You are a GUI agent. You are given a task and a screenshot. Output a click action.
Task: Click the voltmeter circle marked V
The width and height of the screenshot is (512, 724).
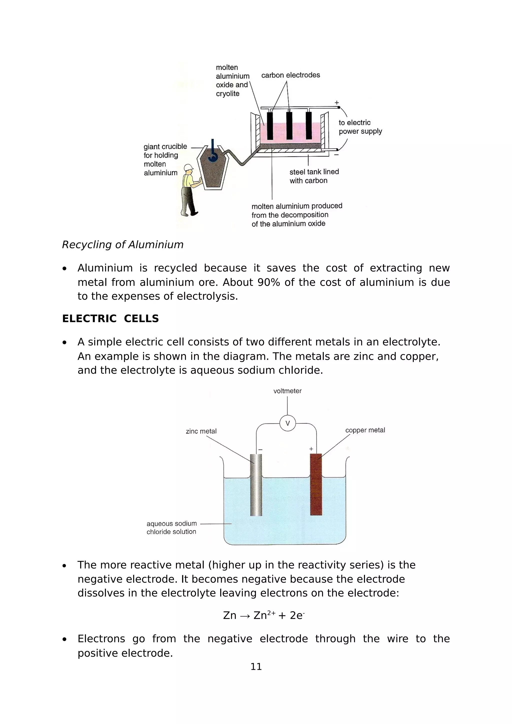[287, 423]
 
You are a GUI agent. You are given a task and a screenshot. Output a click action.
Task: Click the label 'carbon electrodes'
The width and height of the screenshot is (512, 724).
[290, 75]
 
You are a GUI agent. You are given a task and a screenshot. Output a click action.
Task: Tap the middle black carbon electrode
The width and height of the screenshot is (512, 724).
[289, 125]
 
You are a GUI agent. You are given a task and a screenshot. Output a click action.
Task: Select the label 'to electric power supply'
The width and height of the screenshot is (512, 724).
[360, 127]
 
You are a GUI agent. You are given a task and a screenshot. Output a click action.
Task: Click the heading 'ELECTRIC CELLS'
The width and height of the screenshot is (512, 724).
[110, 319]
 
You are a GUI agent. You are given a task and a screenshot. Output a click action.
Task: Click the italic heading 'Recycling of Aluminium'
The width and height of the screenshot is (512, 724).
[122, 244]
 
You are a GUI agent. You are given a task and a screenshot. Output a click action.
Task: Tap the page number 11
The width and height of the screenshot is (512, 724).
[256, 666]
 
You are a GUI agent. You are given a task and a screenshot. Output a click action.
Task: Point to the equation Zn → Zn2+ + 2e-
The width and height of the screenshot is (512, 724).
[263, 615]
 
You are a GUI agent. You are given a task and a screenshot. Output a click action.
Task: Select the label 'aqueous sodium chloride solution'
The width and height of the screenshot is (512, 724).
[171, 528]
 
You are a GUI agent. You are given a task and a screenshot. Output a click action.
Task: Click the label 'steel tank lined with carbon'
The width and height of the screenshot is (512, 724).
[314, 176]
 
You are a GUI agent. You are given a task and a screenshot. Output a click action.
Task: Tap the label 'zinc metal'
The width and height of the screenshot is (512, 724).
[201, 431]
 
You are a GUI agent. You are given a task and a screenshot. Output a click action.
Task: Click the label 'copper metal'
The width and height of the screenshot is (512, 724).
[365, 430]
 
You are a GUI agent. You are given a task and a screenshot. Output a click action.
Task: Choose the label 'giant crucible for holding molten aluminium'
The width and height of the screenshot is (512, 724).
[165, 160]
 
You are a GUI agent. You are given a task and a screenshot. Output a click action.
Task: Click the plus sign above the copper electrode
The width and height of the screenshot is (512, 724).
[311, 449]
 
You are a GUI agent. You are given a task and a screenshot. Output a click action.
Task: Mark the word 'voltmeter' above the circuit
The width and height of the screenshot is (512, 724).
[287, 391]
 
